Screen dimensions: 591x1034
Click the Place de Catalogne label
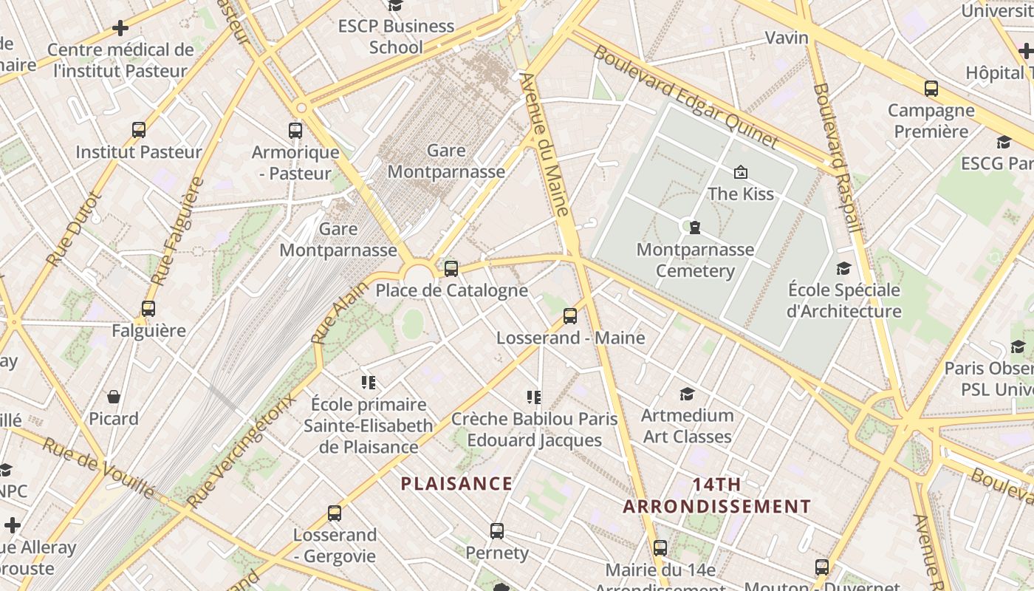tap(451, 290)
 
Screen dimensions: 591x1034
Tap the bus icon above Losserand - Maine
tap(569, 316)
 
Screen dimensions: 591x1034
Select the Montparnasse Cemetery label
tap(695, 259)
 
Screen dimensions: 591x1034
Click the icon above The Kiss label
tap(740, 172)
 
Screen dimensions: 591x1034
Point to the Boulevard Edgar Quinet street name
tap(685, 97)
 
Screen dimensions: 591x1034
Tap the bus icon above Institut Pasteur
tap(139, 130)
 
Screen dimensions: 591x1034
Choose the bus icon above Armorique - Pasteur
tap(295, 131)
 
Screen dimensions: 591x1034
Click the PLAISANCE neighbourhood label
tap(456, 484)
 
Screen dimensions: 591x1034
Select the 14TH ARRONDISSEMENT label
tap(716, 496)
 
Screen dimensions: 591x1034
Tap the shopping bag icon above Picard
tap(114, 397)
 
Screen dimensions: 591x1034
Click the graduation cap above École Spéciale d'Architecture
tap(843, 268)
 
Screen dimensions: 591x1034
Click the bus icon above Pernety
tap(497, 530)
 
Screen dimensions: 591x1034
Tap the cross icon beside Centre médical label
tap(120, 29)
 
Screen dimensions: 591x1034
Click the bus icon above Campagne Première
tap(931, 89)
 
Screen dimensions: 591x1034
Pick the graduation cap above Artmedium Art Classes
tap(687, 394)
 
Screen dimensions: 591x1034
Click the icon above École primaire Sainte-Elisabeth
tap(369, 382)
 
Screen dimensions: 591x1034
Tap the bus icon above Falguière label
tap(148, 308)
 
